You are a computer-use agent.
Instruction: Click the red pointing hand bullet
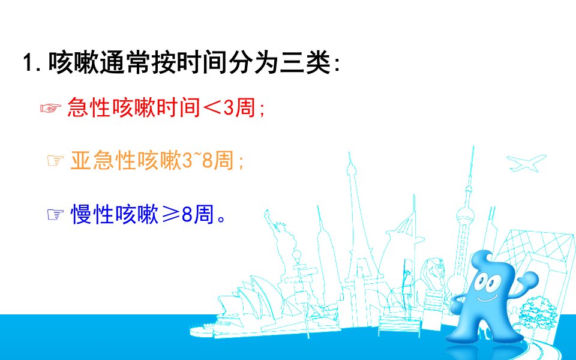50,108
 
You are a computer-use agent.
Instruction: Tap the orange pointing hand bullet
55,161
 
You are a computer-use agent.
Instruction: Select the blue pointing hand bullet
55,215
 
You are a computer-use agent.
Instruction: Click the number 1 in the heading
28,63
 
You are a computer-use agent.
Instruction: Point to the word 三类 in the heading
305,63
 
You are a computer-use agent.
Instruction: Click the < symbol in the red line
212,108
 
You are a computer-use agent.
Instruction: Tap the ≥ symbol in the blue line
170,215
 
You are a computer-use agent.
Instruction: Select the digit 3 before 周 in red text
229,108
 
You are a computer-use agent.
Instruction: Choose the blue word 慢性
92,215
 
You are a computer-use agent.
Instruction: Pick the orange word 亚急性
103,161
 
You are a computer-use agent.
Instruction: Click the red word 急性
89,108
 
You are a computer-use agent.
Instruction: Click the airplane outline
526,163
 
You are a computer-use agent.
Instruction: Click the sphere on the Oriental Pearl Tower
464,216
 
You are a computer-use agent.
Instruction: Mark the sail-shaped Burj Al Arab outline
404,239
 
